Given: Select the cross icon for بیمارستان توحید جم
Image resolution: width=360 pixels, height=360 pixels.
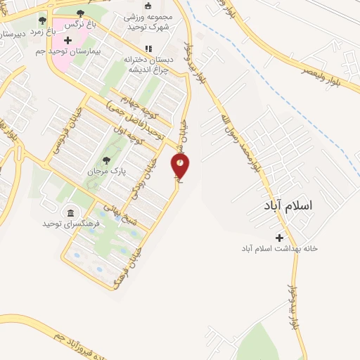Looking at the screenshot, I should click(67, 41).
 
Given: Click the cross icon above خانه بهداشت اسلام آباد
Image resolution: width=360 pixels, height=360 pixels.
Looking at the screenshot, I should click(280, 238).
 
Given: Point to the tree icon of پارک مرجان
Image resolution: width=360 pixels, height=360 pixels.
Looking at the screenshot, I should click(106, 160).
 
